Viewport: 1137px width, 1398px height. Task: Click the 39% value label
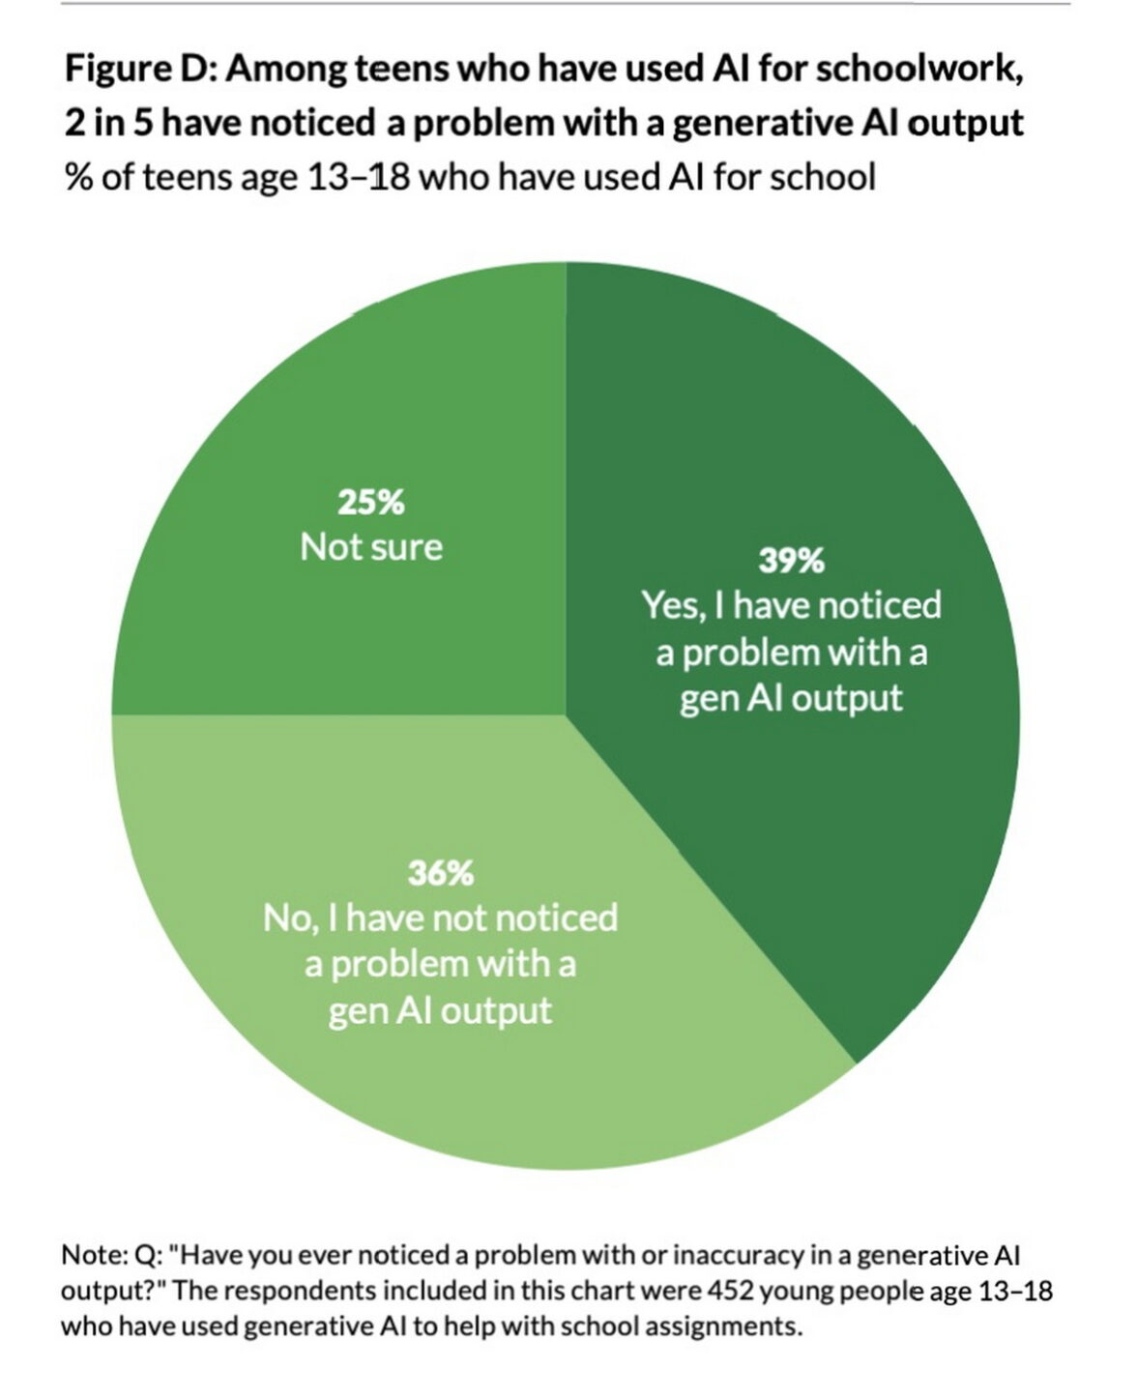[791, 560]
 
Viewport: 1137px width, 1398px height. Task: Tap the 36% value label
[440, 873]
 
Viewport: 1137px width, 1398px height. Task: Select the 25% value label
[370, 503]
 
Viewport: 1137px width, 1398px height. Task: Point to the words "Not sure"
[371, 547]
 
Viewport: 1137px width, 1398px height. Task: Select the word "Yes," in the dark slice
[674, 606]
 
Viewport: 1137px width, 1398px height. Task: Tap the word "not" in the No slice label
[459, 917]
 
